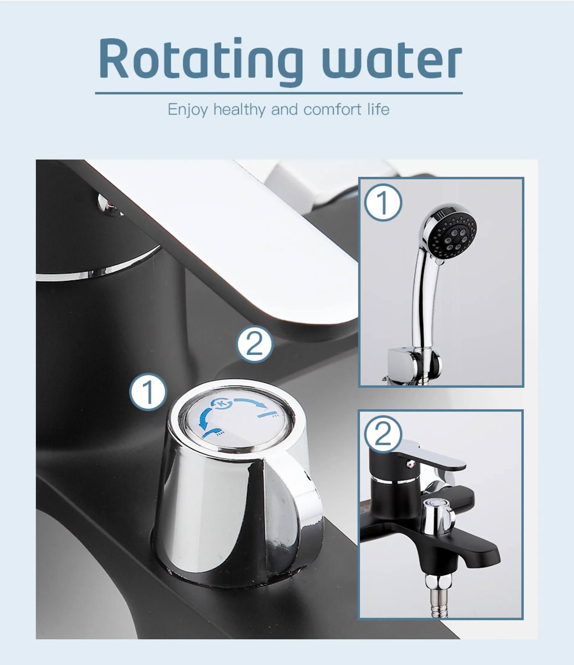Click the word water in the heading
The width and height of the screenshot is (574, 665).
392,61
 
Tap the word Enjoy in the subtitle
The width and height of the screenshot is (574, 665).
188,110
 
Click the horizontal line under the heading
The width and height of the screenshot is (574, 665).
279,93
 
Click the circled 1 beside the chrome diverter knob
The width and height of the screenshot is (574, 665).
148,392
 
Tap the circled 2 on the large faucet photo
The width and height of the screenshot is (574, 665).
255,344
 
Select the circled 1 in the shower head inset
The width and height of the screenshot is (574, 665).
383,203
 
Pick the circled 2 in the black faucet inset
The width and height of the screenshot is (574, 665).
383,435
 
